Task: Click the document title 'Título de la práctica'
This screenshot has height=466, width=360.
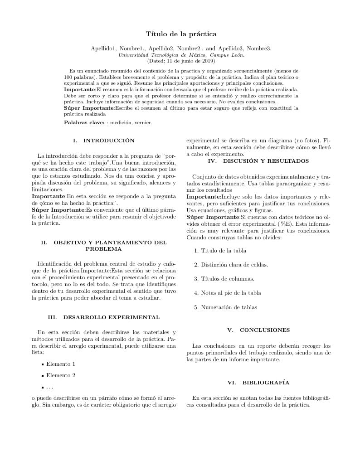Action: (x=181, y=34)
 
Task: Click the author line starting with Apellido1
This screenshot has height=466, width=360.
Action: (x=181, y=49)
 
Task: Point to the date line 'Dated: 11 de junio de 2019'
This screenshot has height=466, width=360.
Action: (x=181, y=61)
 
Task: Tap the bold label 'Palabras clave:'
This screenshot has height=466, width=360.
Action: (x=84, y=122)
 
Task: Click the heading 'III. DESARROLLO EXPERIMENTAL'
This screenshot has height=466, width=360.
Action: (x=103, y=317)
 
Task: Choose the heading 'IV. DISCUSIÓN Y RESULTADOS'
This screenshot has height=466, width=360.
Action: (x=258, y=161)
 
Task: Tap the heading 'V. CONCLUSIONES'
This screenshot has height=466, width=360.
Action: (x=258, y=330)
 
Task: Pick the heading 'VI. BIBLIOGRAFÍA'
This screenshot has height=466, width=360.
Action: (x=258, y=383)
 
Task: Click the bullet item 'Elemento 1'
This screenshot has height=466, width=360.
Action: (x=61, y=364)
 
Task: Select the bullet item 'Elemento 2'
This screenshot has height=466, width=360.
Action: (x=61, y=375)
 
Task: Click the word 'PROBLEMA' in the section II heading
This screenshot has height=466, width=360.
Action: (x=103, y=249)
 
